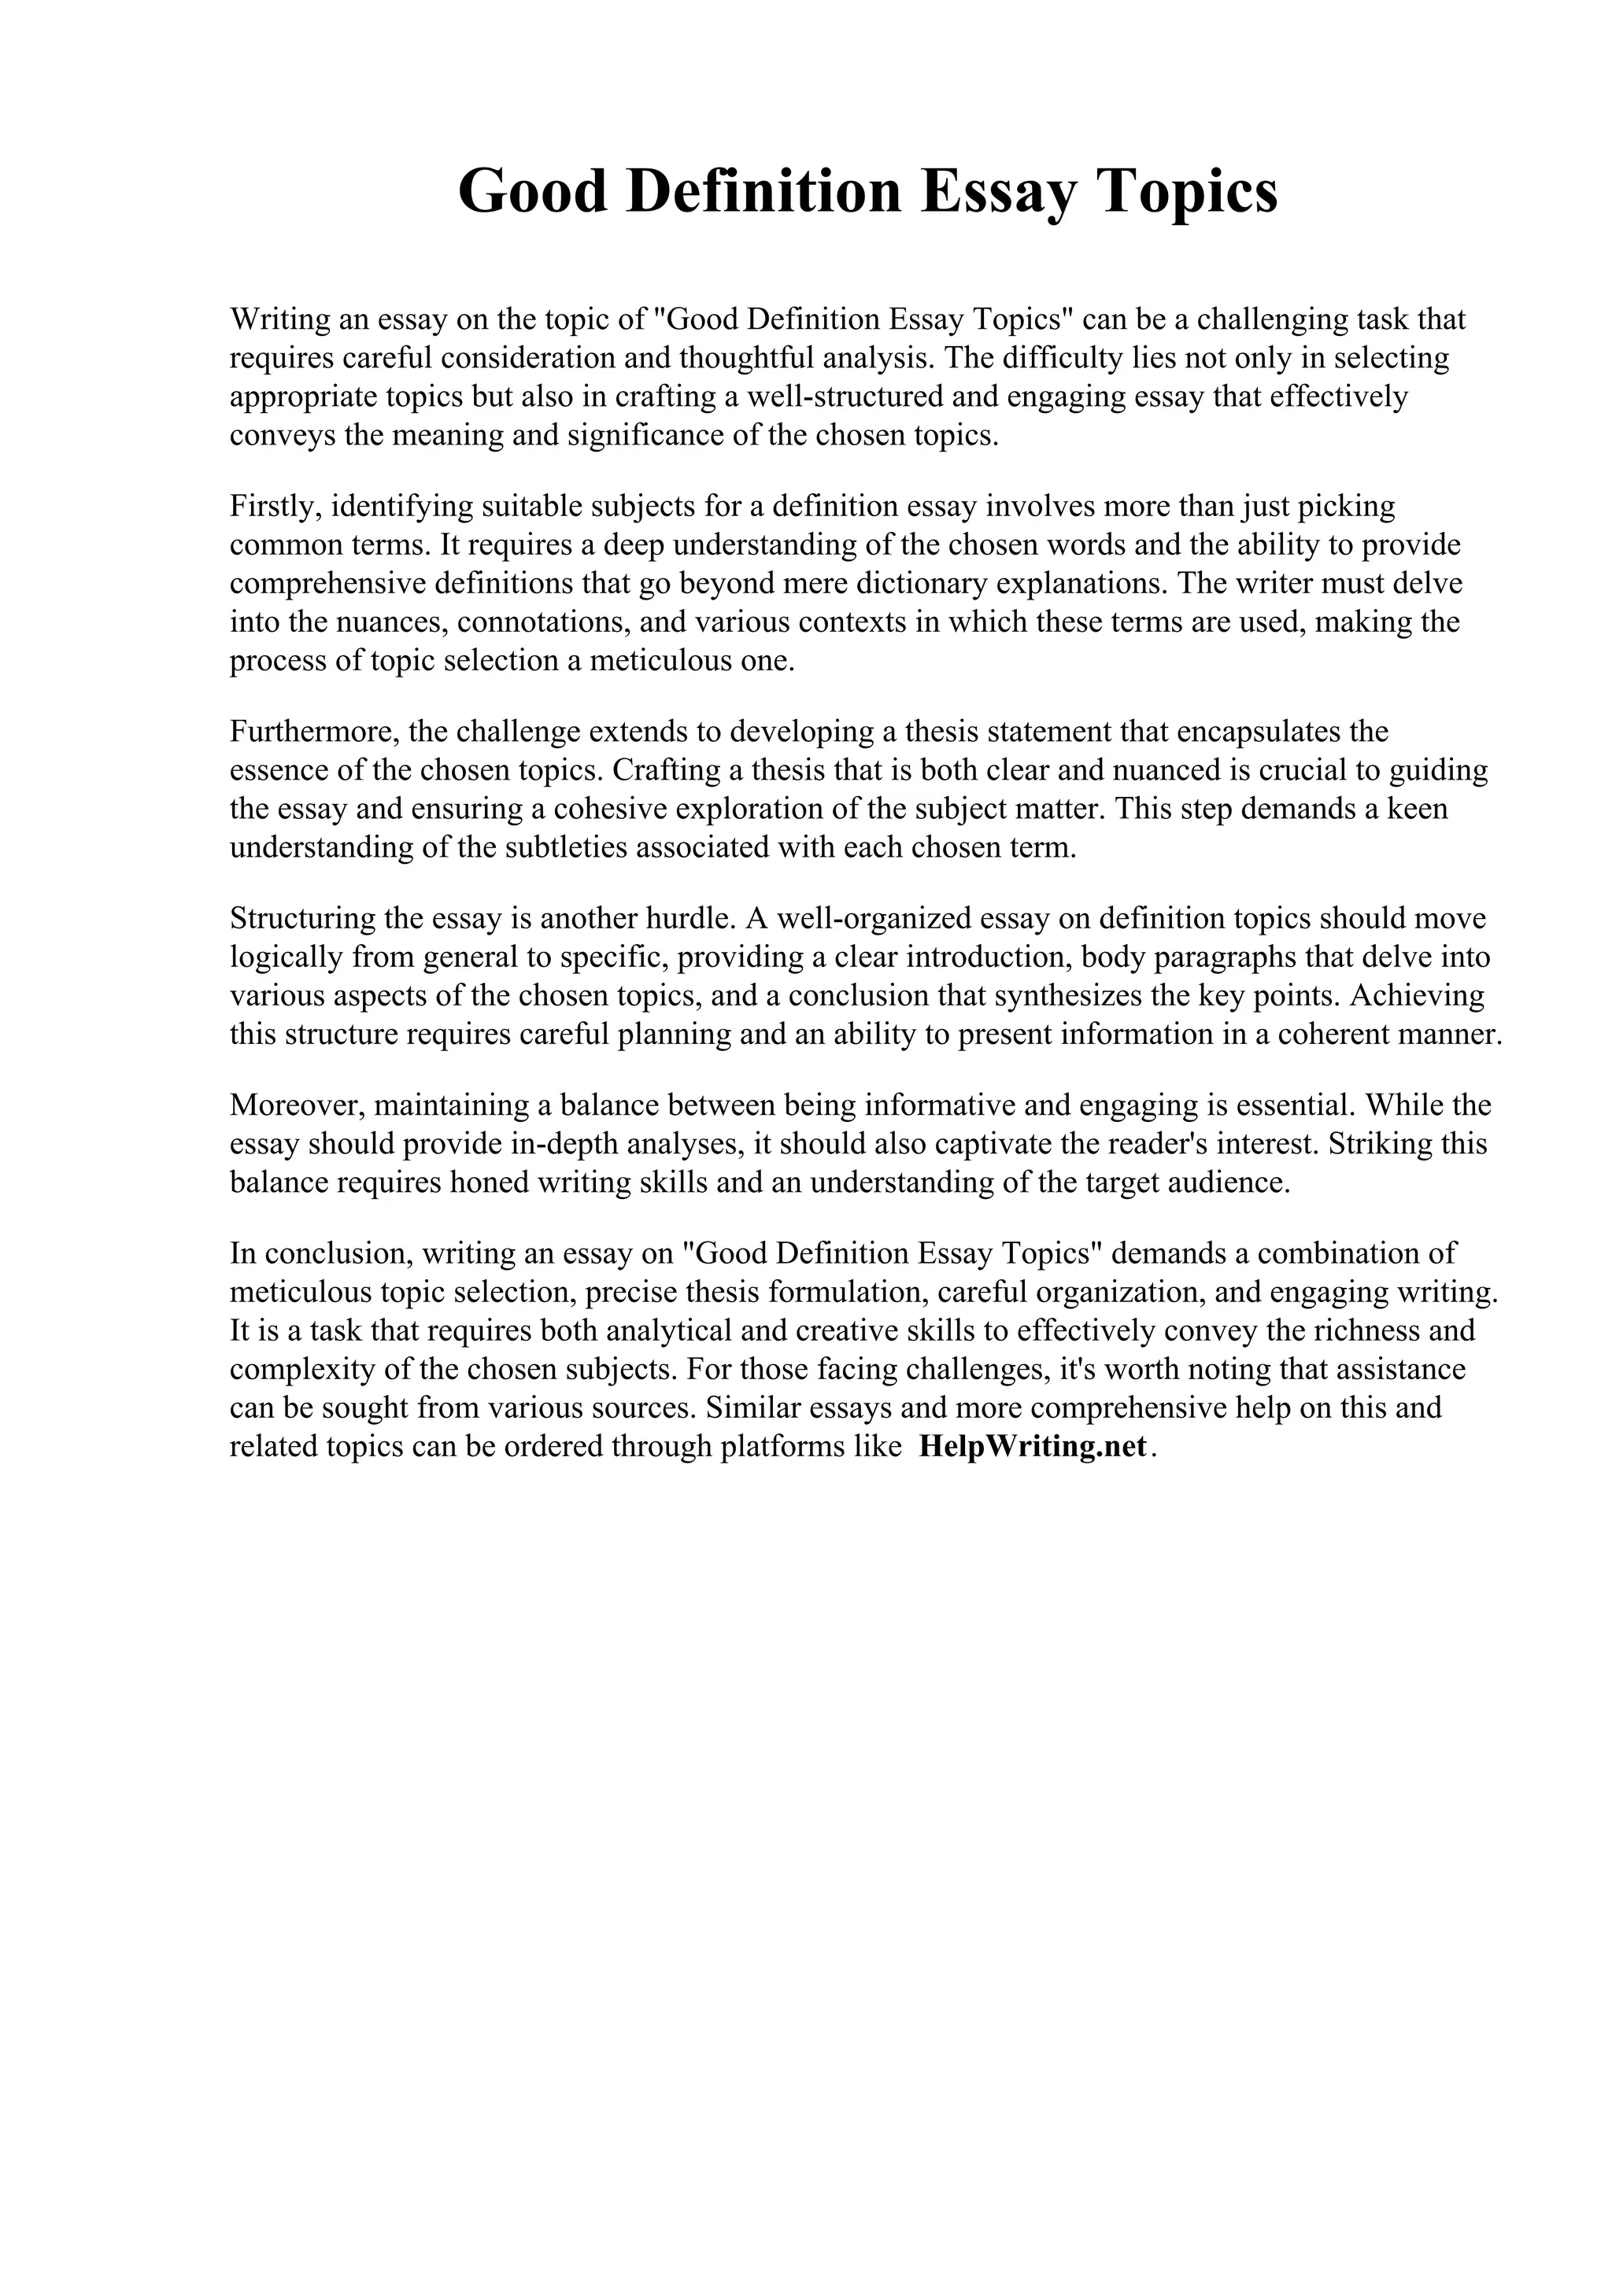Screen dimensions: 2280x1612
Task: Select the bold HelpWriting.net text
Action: (x=1033, y=1446)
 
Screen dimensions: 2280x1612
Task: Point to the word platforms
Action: (x=782, y=1447)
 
